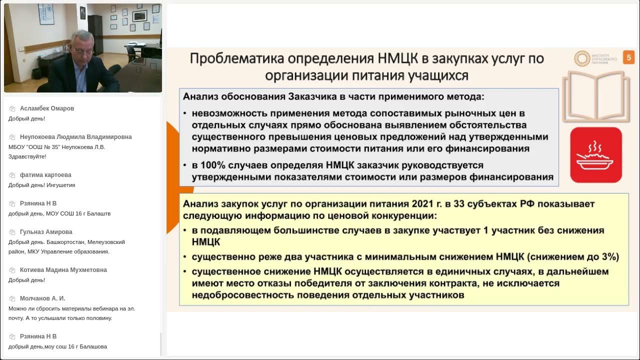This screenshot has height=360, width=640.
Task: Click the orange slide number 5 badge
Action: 628,57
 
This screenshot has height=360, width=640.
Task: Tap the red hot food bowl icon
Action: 596,155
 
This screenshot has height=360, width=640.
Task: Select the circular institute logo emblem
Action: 582,58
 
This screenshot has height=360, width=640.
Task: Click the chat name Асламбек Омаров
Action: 47,108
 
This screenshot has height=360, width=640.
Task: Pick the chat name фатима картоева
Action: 45,175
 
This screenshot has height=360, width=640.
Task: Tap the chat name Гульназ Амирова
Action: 46,232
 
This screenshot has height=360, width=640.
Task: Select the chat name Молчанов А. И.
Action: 42,298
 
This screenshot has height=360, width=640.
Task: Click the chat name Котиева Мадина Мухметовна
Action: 63,270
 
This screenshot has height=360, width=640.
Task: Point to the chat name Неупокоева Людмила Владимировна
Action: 75,137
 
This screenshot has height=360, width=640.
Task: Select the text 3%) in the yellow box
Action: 610,257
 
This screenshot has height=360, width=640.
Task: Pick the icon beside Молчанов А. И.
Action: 12,298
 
